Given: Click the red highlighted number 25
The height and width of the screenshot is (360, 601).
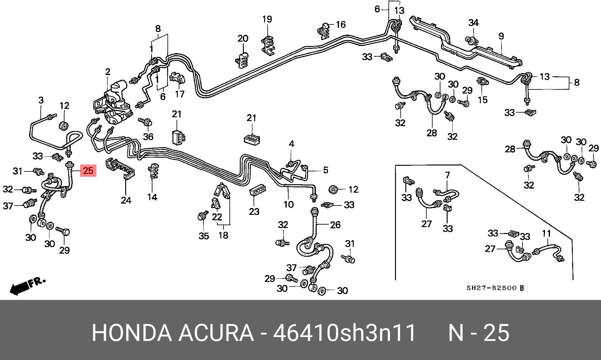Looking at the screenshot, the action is (x=88, y=170).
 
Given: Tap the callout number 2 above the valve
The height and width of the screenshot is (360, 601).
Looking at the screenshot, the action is (x=108, y=72).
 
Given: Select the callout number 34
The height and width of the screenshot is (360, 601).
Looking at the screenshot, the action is (x=474, y=23).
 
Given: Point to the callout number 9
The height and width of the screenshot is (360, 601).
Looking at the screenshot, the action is (x=501, y=36).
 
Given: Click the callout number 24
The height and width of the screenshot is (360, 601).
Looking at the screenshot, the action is (x=126, y=200).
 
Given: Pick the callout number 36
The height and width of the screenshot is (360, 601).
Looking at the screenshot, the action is (x=148, y=136).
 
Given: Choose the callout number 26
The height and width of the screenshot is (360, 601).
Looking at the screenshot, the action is (x=335, y=225).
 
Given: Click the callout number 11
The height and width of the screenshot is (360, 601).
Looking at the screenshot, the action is (x=546, y=233).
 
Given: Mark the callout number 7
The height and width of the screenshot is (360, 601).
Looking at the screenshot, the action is (x=447, y=175).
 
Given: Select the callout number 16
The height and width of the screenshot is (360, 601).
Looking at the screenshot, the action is (x=341, y=24).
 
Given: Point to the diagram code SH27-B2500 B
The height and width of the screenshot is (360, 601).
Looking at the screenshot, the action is (x=495, y=288).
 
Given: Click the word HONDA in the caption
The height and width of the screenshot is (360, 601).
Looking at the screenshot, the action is (x=132, y=333).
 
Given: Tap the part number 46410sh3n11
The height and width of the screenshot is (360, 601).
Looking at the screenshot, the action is (x=344, y=333).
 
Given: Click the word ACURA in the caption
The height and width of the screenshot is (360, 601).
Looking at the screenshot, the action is (x=216, y=333).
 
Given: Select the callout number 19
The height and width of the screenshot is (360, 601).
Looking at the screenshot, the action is (x=267, y=19).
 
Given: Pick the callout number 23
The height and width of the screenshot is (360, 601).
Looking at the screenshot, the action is (x=254, y=212).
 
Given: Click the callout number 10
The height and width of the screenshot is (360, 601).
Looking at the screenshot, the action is (x=288, y=205).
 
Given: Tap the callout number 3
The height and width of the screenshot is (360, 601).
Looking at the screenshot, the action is (x=41, y=100).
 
